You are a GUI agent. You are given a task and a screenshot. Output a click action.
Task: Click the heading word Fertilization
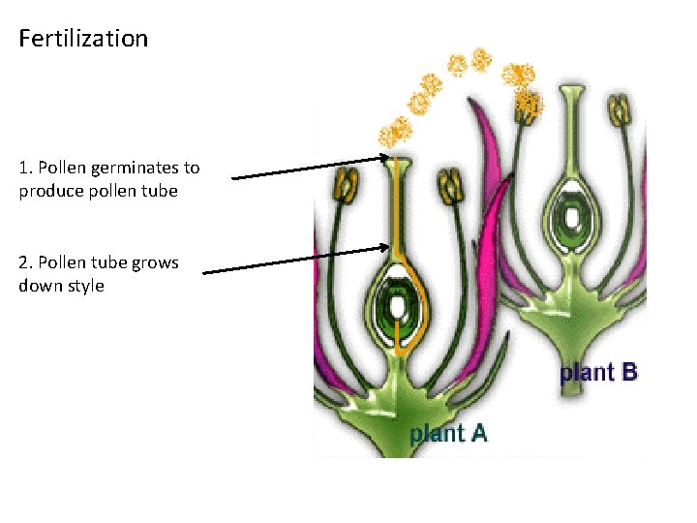click(83, 39)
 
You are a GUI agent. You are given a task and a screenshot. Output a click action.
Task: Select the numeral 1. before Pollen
click(25, 168)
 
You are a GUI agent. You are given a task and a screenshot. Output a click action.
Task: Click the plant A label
click(448, 433)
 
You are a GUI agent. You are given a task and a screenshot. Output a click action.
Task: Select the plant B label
click(598, 372)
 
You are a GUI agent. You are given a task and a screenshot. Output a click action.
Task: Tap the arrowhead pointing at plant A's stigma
click(384, 157)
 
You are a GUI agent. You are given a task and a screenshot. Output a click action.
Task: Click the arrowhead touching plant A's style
click(384, 249)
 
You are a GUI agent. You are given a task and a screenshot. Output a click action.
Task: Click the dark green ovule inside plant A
click(397, 309)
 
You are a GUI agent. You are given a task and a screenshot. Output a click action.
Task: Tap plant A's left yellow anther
click(346, 184)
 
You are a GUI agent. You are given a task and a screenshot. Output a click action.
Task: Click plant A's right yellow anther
click(450, 185)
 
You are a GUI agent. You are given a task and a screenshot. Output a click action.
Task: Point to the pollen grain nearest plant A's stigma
click(395, 132)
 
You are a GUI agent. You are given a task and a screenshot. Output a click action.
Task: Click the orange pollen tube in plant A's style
click(396, 223)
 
